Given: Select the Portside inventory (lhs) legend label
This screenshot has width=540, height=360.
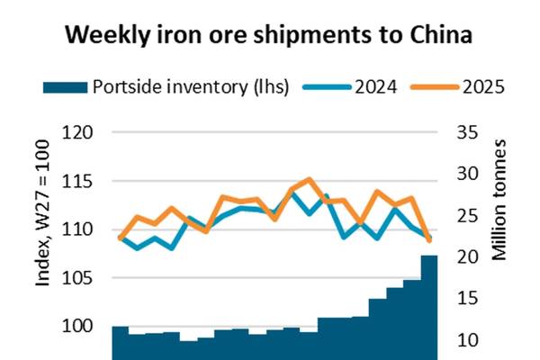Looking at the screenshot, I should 190,87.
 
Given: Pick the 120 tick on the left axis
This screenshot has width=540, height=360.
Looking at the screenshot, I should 79,133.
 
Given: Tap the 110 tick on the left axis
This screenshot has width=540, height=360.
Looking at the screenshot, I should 79,229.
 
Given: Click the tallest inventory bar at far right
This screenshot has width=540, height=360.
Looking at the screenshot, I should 428,306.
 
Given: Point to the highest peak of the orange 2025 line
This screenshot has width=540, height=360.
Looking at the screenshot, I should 309,179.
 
